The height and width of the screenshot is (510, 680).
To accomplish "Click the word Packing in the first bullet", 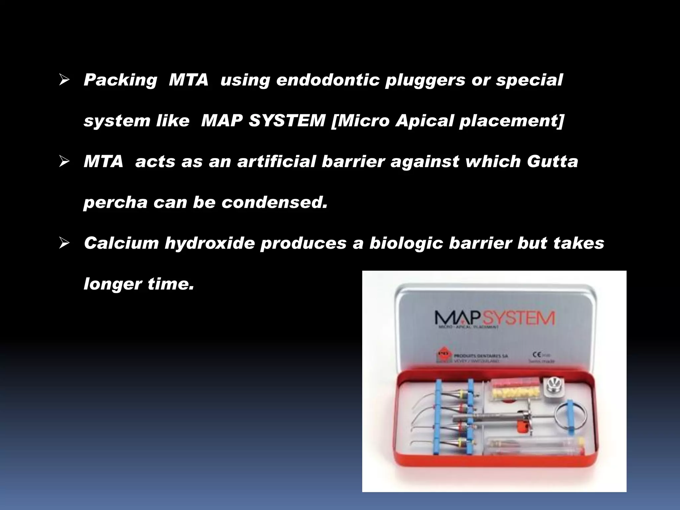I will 120,80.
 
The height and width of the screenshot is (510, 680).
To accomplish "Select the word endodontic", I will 328,80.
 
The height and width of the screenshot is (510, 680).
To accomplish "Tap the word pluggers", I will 425,80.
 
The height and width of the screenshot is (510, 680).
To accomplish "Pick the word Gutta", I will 552,162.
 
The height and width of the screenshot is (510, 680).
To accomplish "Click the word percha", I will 115,203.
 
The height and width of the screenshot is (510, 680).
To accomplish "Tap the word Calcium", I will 121,243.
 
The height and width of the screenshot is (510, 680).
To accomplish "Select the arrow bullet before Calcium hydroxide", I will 64,243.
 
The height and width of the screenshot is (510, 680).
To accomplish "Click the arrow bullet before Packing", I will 64,80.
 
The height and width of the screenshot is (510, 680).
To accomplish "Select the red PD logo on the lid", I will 444,355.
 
